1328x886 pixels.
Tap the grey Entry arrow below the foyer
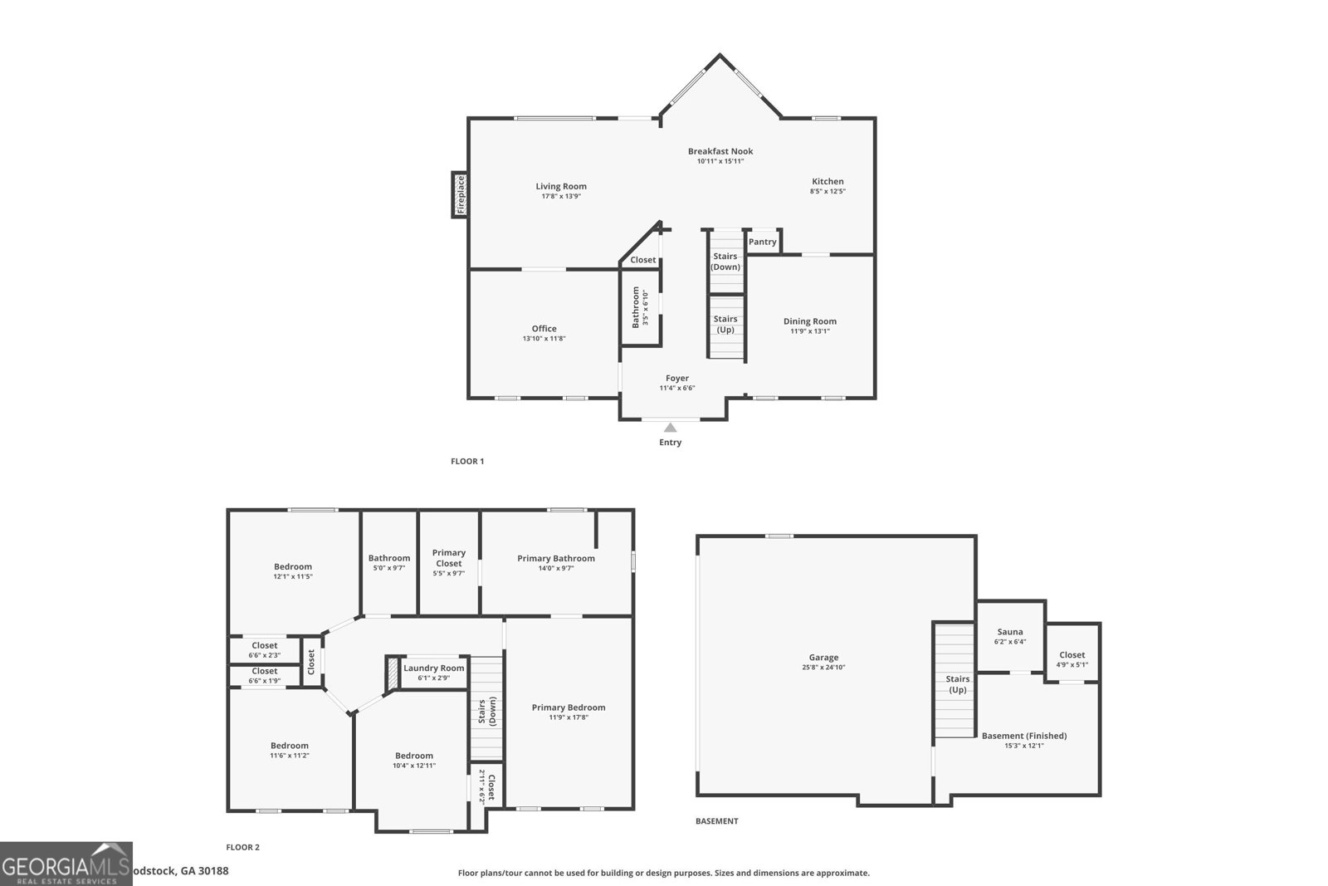click(x=670, y=428)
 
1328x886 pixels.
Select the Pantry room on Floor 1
click(x=763, y=242)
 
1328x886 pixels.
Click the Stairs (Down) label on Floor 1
click(x=725, y=262)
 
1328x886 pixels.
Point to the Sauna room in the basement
click(x=1010, y=636)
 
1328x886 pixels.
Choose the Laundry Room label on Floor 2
click(x=433, y=668)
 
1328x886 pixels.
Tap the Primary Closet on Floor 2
click(x=449, y=562)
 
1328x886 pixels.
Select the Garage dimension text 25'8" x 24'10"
click(x=824, y=668)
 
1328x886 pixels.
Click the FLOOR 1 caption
click(x=467, y=461)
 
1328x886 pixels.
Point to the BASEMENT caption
click(x=716, y=821)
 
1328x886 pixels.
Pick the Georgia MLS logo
click(x=66, y=864)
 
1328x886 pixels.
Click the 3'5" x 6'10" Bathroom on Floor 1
click(x=641, y=307)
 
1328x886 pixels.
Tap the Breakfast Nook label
click(x=720, y=151)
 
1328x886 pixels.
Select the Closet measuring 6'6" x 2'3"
click(x=265, y=649)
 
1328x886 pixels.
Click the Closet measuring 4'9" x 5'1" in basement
click(x=1072, y=658)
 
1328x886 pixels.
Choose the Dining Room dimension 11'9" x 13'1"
click(x=810, y=331)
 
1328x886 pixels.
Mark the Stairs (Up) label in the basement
click(x=957, y=684)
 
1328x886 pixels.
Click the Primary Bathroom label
click(x=556, y=558)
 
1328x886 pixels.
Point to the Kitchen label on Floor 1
click(x=828, y=181)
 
